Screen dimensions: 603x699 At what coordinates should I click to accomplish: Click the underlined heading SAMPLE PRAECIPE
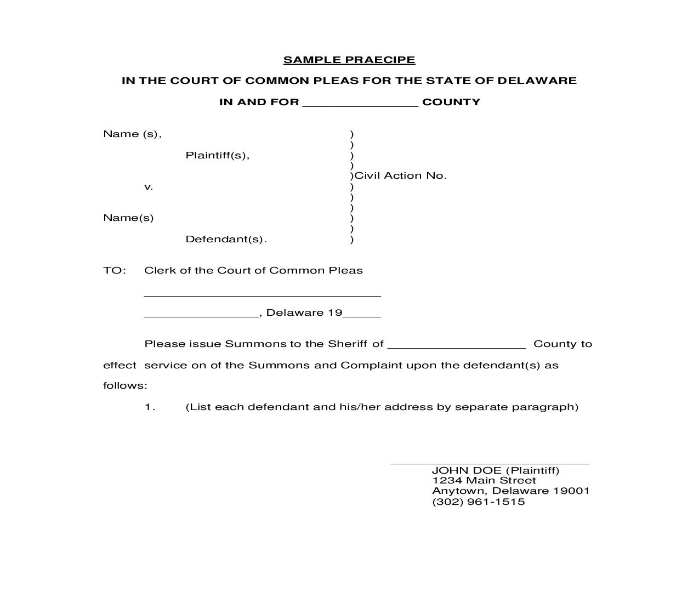pyautogui.click(x=349, y=60)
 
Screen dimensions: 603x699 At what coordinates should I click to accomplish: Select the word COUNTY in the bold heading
pyautogui.click(x=451, y=102)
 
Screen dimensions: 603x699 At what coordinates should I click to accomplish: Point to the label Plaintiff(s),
pyautogui.click(x=218, y=155)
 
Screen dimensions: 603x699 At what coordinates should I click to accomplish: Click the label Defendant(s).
pyautogui.click(x=226, y=239)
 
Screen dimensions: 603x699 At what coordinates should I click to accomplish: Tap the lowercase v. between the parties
pyautogui.click(x=149, y=187)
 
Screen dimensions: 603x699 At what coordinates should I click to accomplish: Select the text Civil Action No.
pyautogui.click(x=401, y=176)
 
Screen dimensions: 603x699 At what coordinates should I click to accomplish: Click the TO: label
pyautogui.click(x=115, y=270)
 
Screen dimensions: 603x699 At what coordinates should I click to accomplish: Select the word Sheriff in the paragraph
pyautogui.click(x=348, y=344)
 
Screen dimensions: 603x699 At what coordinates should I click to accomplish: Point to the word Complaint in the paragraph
pyautogui.click(x=371, y=365)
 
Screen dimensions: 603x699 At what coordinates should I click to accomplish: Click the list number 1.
pyautogui.click(x=150, y=407)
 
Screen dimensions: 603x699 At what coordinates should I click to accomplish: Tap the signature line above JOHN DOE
pyautogui.click(x=489, y=463)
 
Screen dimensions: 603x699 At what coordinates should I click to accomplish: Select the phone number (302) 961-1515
pyautogui.click(x=478, y=502)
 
